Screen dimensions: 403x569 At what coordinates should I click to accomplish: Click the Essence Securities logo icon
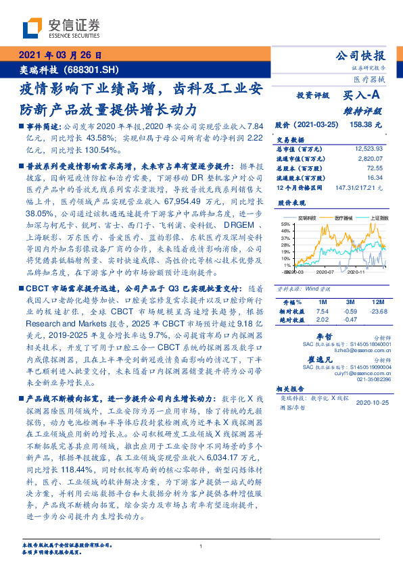[x=33, y=27]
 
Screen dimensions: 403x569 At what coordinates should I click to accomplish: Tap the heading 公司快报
[x=360, y=55]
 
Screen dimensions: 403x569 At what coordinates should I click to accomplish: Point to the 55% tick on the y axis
[x=287, y=223]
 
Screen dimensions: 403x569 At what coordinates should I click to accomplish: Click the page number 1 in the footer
[x=201, y=547]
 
